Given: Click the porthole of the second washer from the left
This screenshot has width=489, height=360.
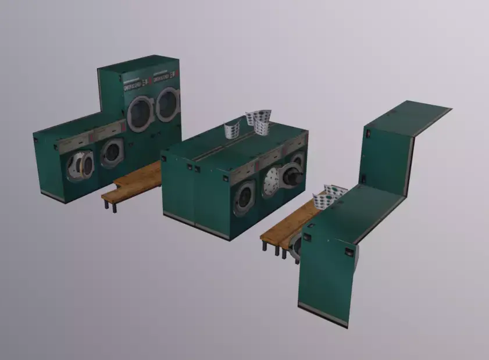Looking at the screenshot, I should (112, 153).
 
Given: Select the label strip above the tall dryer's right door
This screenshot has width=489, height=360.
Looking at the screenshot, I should (165, 76).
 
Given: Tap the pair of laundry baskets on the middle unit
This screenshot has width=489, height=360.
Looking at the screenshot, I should (259, 121).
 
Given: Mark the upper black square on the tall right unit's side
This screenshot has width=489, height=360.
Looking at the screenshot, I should (367, 134).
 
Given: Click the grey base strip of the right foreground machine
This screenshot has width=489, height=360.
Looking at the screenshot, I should (323, 315).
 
